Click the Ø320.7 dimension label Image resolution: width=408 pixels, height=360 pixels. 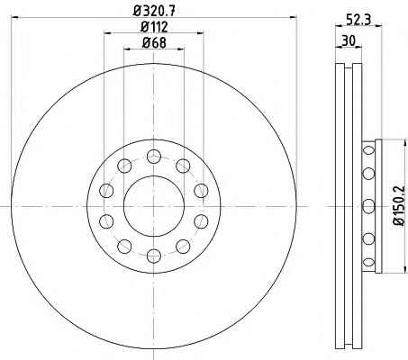click(154, 12)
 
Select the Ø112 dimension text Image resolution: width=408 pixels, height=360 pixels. click(154, 27)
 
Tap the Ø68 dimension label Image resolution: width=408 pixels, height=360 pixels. click(154, 43)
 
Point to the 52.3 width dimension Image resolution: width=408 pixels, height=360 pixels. click(358, 21)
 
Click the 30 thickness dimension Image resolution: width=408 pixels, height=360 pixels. click(349, 40)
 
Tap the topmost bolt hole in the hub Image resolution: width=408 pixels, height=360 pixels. click(154, 157)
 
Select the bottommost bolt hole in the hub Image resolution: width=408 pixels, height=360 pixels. click(154, 256)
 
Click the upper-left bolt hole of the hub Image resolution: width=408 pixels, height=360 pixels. click(124, 166)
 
